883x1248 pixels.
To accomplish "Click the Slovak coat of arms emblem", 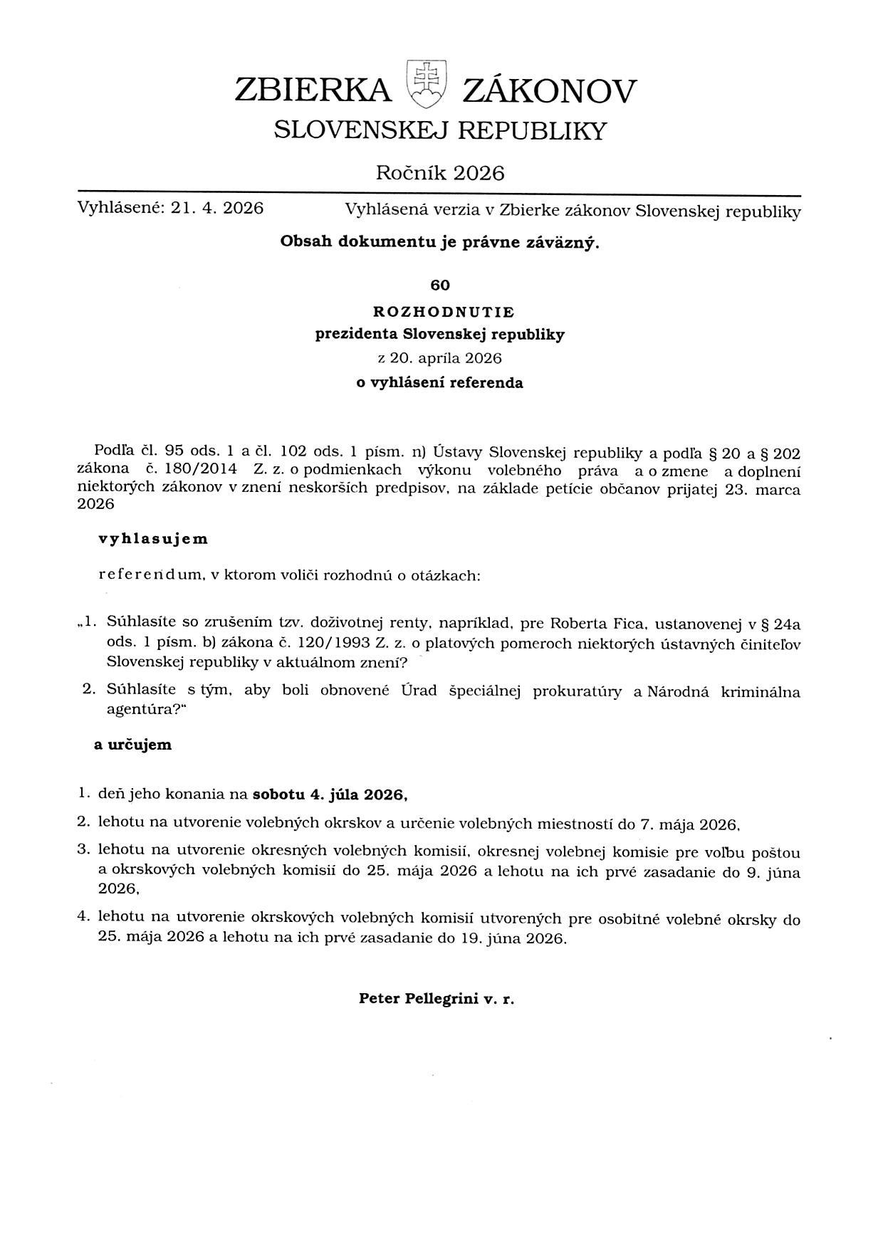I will coord(426,83).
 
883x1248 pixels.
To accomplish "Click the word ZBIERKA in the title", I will coord(313,91).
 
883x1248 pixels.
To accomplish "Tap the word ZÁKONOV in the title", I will coord(549,91).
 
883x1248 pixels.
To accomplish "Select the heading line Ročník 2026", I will coord(440,173).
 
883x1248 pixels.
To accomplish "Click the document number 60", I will coord(440,285).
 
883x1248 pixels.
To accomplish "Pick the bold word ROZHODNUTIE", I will coord(443,312).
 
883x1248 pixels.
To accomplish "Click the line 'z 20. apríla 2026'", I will coord(439,358).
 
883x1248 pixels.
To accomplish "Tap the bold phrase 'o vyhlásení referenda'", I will coord(439,383).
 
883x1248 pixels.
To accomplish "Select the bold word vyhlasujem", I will coord(153,539).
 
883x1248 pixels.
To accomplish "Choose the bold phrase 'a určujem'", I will coord(133,745).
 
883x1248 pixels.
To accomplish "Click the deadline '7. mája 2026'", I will coord(689,824).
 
